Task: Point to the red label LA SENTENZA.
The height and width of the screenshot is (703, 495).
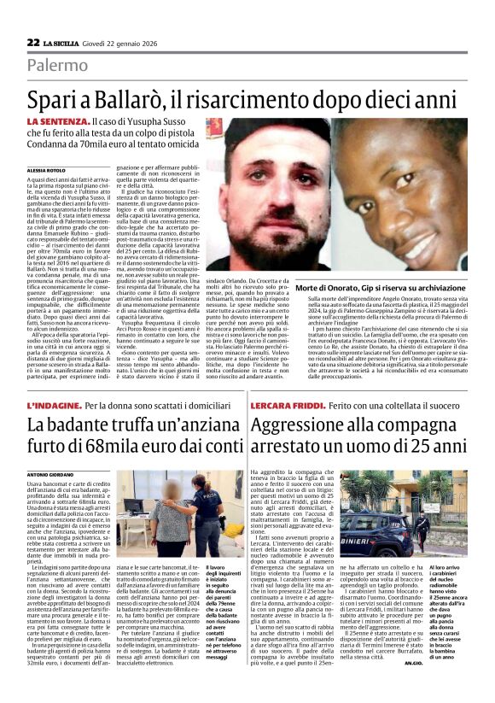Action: pos(57,125)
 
